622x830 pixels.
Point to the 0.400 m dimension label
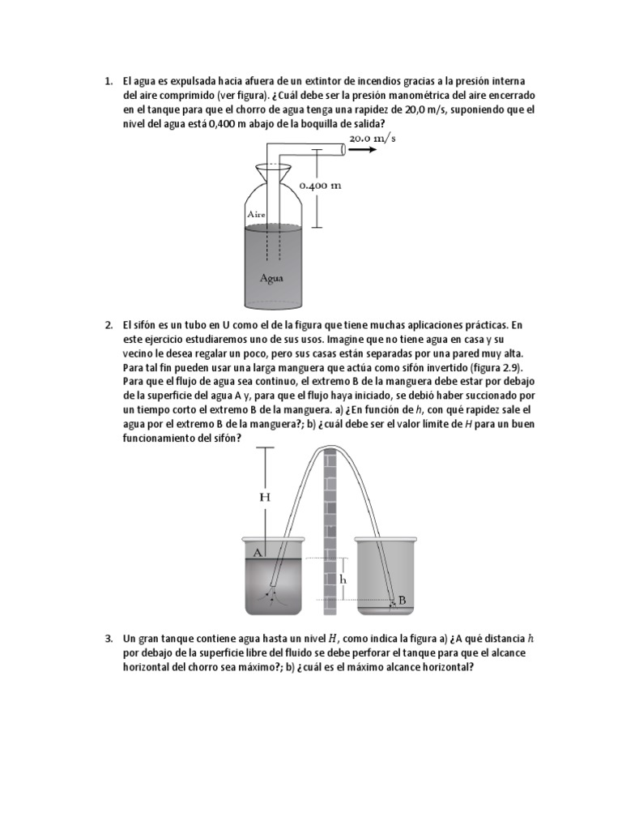click(320, 185)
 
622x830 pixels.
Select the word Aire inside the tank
click(256, 214)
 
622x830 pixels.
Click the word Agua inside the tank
click(271, 276)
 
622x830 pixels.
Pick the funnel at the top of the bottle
click(274, 173)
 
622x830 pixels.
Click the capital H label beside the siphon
click(264, 497)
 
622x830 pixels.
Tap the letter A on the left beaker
click(258, 552)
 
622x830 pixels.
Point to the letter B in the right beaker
click(402, 601)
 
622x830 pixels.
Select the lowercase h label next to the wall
click(343, 580)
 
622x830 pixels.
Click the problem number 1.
click(107, 81)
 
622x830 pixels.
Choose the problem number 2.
click(107, 326)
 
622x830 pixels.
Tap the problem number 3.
click(107, 639)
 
